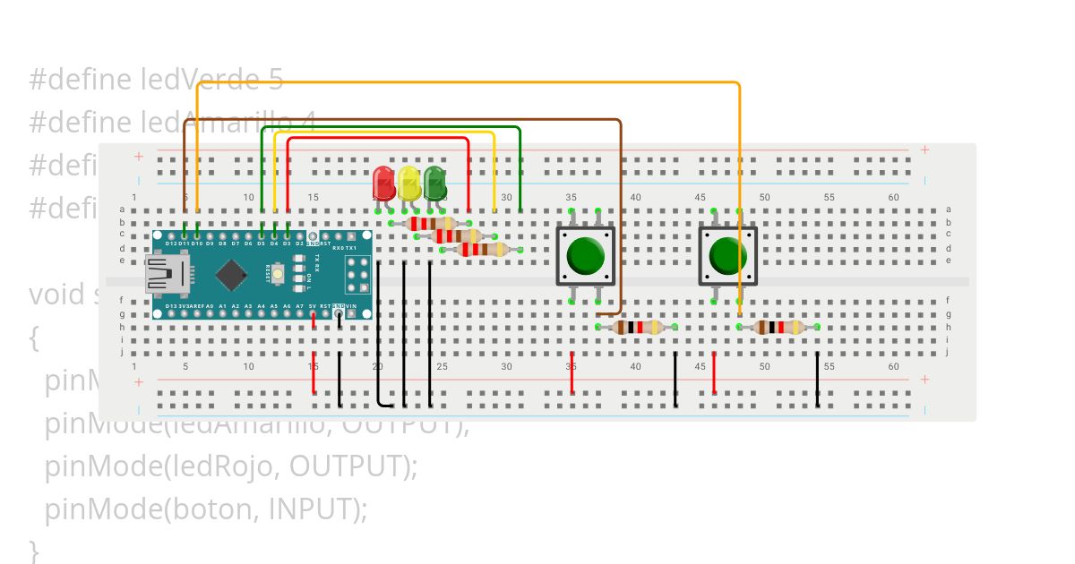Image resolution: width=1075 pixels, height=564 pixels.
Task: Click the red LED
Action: point(383,183)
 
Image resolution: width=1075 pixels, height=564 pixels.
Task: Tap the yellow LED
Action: point(409,183)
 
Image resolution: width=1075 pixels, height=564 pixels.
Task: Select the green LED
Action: point(435,183)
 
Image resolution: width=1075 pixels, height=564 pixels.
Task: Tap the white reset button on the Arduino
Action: point(279,273)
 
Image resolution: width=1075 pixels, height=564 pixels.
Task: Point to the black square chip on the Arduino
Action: point(232,274)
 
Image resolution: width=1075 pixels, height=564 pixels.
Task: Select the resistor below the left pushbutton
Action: point(637,328)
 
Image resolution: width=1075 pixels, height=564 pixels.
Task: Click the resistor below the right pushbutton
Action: point(778,328)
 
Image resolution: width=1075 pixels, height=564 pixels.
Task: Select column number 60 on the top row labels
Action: point(893,197)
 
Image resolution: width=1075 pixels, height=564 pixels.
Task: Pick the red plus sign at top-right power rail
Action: point(924,150)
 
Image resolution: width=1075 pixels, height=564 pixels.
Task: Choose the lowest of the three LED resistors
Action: point(482,250)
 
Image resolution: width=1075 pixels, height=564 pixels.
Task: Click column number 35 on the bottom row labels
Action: point(571,367)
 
